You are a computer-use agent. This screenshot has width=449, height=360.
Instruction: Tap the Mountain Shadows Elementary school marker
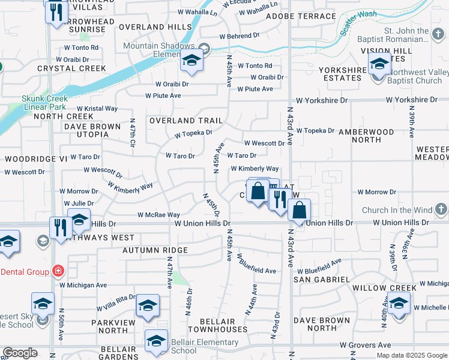pos(191,61)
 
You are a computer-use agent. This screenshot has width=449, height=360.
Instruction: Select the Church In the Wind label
pos(397,210)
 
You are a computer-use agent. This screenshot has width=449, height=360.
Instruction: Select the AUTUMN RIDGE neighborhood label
pos(155,250)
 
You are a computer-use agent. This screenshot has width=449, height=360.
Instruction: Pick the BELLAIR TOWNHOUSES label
pos(217,325)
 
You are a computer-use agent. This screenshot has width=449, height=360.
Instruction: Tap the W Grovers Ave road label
pos(366,345)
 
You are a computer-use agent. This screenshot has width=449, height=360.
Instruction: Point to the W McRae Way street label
pos(158,215)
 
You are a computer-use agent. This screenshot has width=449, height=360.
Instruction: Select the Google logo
pos(20,352)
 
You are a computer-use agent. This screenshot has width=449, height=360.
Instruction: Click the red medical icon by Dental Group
pos(58,272)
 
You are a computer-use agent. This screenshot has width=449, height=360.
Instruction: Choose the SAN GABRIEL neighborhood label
pos(322,280)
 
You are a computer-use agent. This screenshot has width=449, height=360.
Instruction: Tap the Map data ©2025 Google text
pos(411,355)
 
